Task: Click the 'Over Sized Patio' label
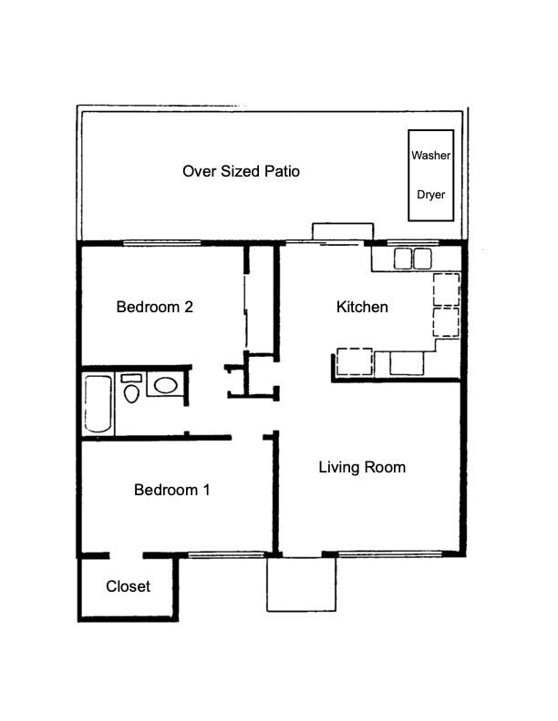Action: (241, 171)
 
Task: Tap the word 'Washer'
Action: (430, 156)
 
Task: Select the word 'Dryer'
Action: (430, 194)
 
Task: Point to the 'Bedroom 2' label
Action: (154, 307)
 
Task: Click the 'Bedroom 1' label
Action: (172, 490)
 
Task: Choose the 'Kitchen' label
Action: (362, 307)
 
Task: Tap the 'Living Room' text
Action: (362, 467)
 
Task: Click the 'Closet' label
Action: (128, 586)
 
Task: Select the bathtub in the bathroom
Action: (98, 404)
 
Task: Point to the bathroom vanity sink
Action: (165, 385)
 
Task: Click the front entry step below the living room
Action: (301, 584)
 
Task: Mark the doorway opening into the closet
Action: (126, 554)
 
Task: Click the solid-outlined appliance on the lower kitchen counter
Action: (407, 362)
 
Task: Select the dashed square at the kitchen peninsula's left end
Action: (354, 361)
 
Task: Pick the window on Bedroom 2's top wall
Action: (161, 243)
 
